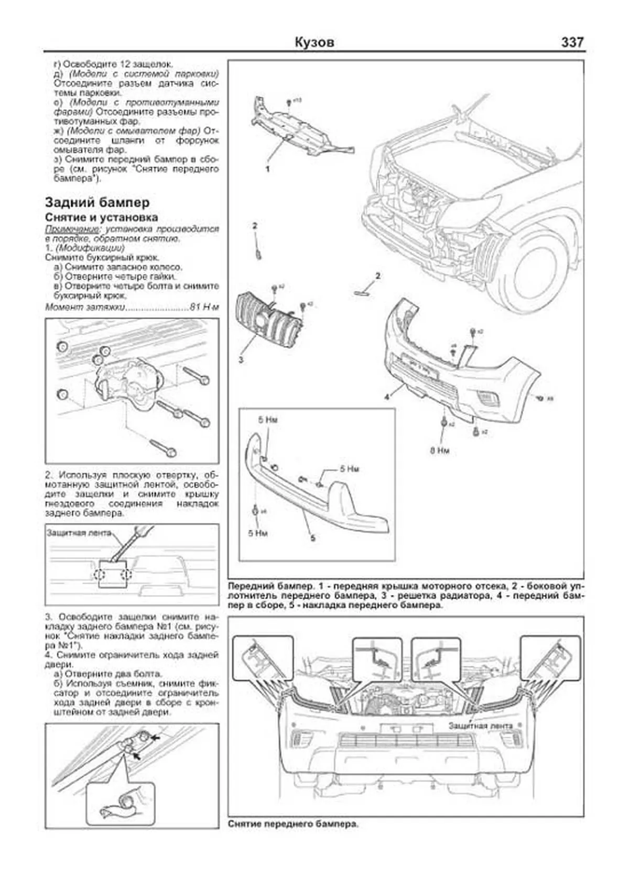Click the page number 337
572,42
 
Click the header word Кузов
314,42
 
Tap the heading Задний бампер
97,202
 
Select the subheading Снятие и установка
101,217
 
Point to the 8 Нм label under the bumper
440,451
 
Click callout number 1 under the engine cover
267,169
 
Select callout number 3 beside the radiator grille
241,360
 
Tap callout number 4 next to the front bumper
387,397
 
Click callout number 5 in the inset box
312,538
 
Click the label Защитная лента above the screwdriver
79,533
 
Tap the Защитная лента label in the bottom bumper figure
480,726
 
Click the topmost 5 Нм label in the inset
267,420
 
